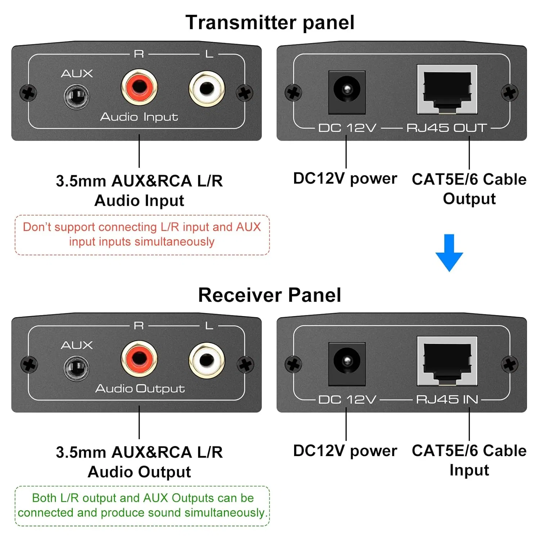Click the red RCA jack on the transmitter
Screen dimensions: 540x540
click(x=139, y=87)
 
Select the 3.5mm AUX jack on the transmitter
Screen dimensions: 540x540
click(x=76, y=96)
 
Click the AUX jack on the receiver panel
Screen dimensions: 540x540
click(x=76, y=368)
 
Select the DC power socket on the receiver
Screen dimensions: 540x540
click(x=347, y=361)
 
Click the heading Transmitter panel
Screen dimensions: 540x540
click(x=270, y=22)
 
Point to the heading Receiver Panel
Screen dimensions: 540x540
click(x=270, y=295)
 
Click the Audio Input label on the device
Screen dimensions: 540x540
click(x=139, y=117)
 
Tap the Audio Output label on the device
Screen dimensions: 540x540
click(x=140, y=388)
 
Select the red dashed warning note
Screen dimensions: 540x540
click(x=142, y=234)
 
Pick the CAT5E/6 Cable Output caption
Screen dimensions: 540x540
click(x=469, y=189)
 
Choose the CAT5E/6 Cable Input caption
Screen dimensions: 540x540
click(x=469, y=460)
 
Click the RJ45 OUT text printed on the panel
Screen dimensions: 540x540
click(x=446, y=128)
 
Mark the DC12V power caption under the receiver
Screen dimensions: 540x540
click(x=345, y=451)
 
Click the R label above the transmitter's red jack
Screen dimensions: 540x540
click(x=139, y=54)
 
